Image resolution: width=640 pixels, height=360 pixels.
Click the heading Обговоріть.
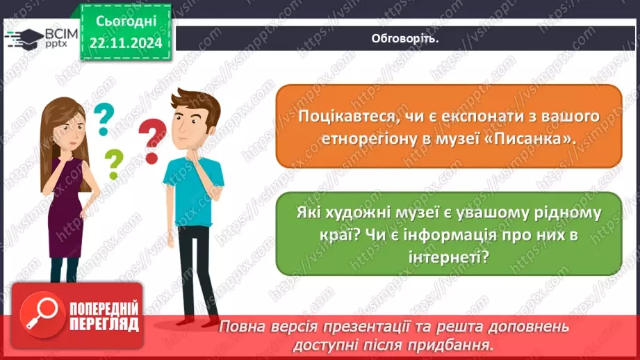click(405, 38)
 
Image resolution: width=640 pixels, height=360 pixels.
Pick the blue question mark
click(104, 120)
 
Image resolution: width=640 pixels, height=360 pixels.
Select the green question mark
click(113, 164)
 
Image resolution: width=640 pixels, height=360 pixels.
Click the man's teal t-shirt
click(192, 190)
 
